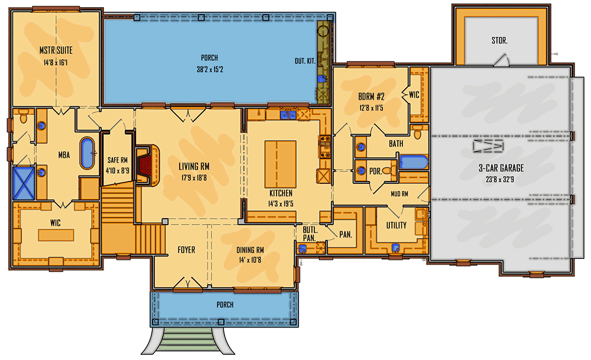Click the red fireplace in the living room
pyautogui.click(x=145, y=161)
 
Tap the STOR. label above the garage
pyautogui.click(x=499, y=41)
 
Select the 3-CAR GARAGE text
pyautogui.click(x=501, y=168)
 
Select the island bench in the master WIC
pyautogui.click(x=57, y=235)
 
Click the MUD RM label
pyautogui.click(x=400, y=193)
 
